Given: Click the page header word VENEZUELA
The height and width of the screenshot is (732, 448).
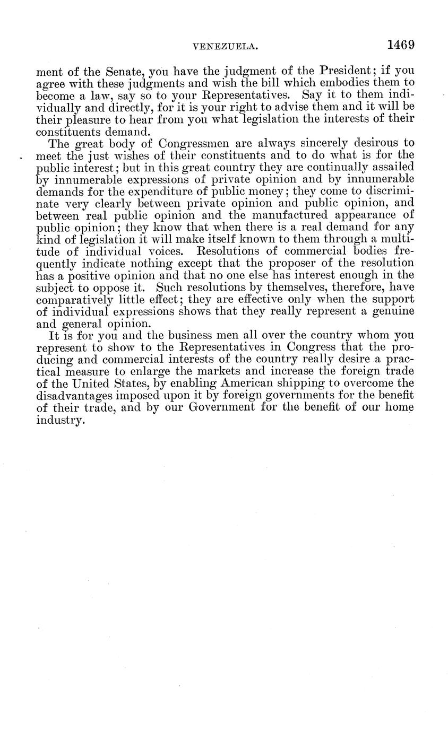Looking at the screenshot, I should (225, 47).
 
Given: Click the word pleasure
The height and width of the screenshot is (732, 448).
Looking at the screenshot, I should (84, 119).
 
